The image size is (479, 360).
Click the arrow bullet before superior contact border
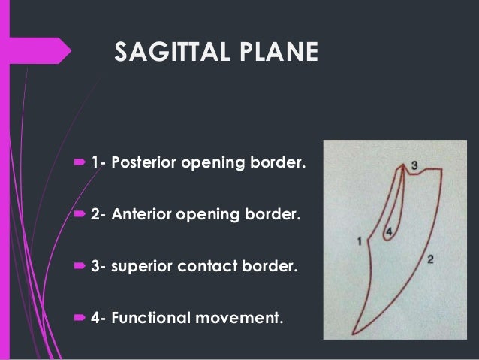coord(80,267)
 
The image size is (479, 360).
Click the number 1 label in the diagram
coord(360,241)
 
